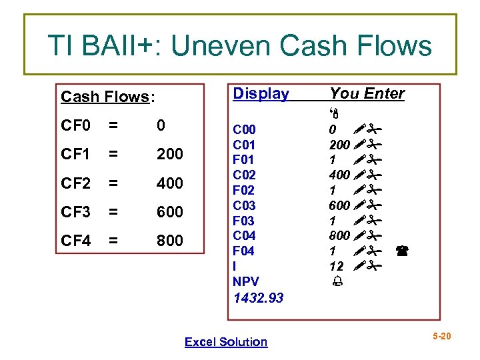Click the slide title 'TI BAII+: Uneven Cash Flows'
pyautogui.click(x=240, y=45)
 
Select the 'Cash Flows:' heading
pyautogui.click(x=107, y=97)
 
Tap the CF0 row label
pyautogui.click(x=75, y=126)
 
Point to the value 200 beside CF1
pyautogui.click(x=169, y=155)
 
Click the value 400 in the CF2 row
pyautogui.click(x=169, y=183)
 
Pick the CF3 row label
pyautogui.click(x=75, y=212)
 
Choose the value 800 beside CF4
pyautogui.click(x=169, y=240)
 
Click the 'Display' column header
pyautogui.click(x=261, y=94)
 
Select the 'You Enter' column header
pyautogui.click(x=367, y=94)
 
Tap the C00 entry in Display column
pyautogui.click(x=243, y=129)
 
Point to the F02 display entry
pyautogui.click(x=243, y=190)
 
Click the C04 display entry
pyautogui.click(x=243, y=235)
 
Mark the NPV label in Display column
pyautogui.click(x=245, y=281)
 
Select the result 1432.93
pyautogui.click(x=258, y=298)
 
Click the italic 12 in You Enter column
pyautogui.click(x=337, y=266)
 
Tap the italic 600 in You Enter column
pyautogui.click(x=339, y=205)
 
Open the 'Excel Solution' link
pyautogui.click(x=226, y=342)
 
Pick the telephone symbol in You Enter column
pyautogui.click(x=402, y=251)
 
